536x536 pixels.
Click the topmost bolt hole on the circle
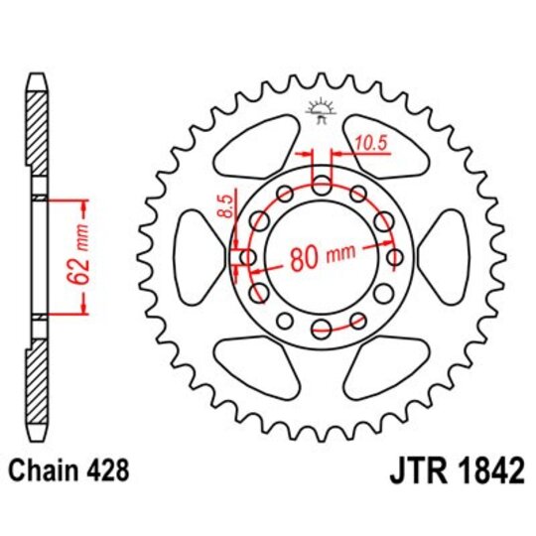coord(322,185)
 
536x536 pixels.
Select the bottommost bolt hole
coord(322,329)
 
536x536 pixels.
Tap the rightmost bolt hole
coord(395,258)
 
